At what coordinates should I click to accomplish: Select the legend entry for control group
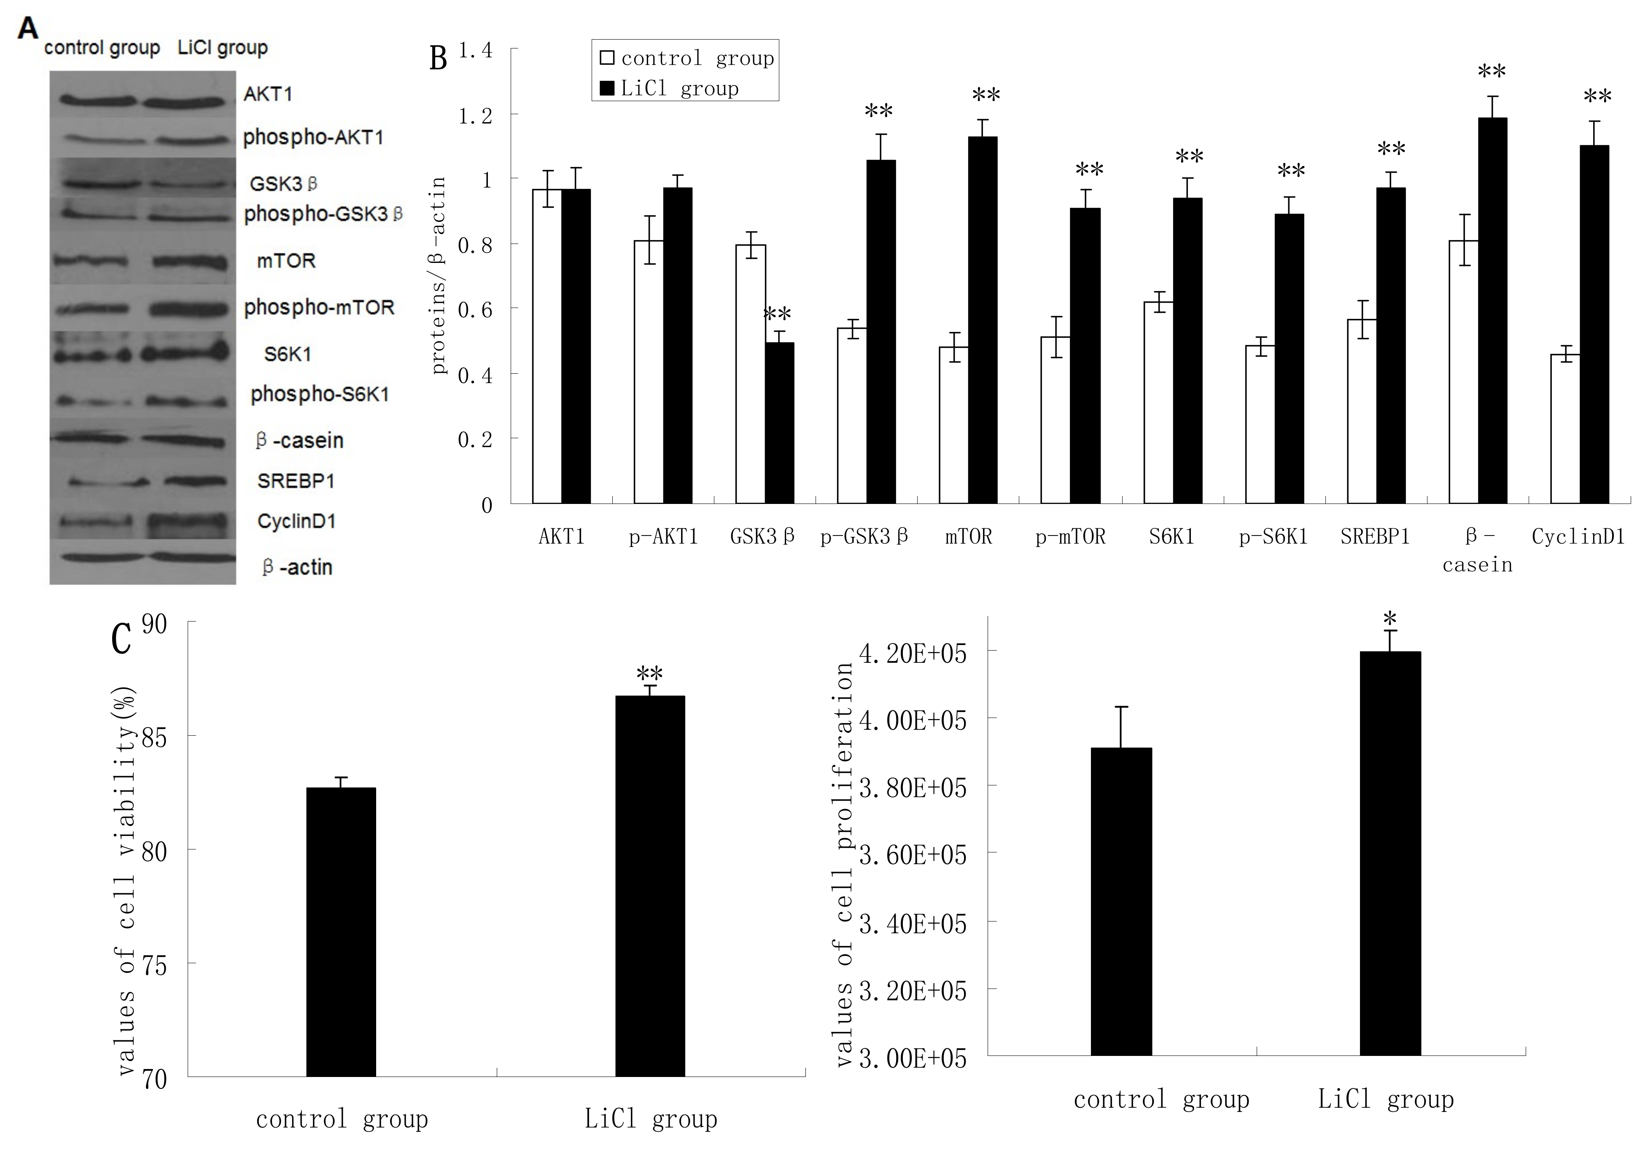tap(687, 58)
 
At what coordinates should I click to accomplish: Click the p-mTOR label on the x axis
tap(1070, 536)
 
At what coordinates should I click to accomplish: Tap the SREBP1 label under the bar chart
tap(1375, 536)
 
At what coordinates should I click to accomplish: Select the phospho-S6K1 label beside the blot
tap(320, 394)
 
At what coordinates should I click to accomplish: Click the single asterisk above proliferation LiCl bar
tap(1389, 618)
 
